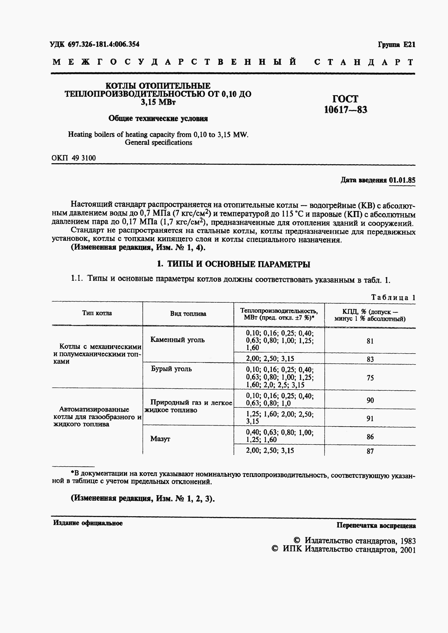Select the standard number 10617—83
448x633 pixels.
click(345, 110)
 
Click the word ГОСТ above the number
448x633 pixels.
click(345, 99)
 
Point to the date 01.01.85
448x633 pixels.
click(402, 180)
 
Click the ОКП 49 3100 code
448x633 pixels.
click(74, 158)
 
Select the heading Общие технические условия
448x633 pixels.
click(158, 119)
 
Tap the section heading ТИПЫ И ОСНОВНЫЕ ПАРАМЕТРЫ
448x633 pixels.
click(239, 264)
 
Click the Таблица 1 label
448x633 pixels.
click(393, 298)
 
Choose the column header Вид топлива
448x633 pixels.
click(188, 314)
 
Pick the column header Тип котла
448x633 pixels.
click(97, 313)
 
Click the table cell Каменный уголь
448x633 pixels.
click(177, 340)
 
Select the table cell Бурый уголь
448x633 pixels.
click(171, 369)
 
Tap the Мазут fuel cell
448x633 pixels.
click(160, 439)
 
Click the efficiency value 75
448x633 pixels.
click(370, 378)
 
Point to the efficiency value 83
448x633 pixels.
click(370, 359)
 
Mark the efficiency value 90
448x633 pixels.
click(370, 400)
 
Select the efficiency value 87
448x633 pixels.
click(370, 451)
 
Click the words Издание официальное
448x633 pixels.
click(88, 523)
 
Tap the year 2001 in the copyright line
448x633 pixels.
click(408, 550)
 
